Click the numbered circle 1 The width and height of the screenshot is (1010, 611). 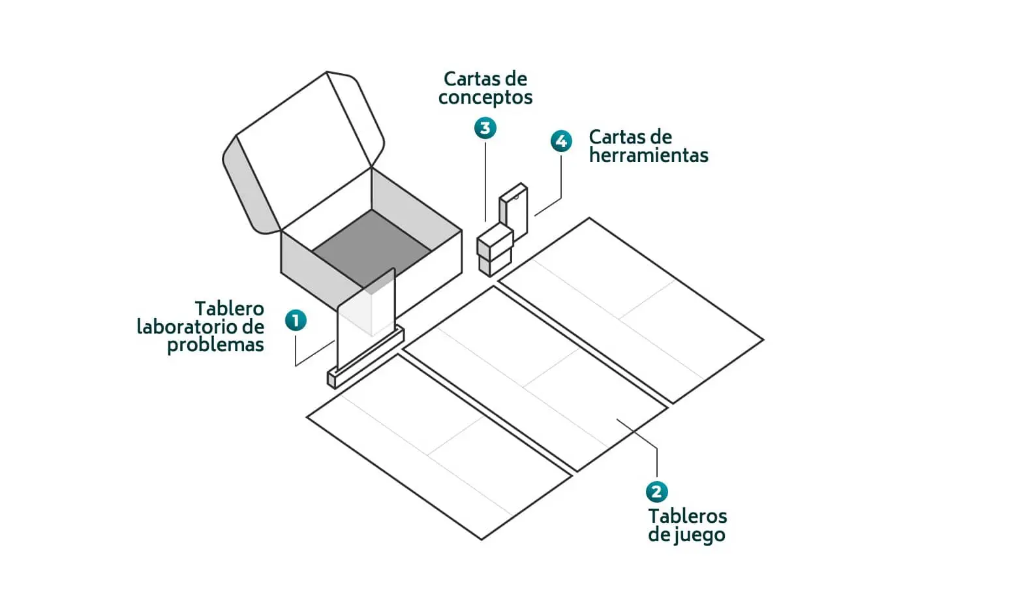click(x=296, y=321)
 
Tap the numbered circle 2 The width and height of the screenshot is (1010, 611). click(x=656, y=492)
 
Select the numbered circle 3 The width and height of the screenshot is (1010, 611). click(x=485, y=128)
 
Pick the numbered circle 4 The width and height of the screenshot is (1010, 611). click(x=561, y=141)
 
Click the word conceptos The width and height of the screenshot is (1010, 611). click(x=485, y=98)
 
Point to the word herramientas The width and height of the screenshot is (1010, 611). click(x=649, y=155)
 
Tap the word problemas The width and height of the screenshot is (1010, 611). click(x=215, y=345)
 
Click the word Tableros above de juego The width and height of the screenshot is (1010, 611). click(x=688, y=516)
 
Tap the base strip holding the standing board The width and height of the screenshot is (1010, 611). click(x=365, y=358)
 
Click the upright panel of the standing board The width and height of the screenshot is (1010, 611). click(x=366, y=319)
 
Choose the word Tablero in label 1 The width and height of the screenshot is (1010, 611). click(x=230, y=309)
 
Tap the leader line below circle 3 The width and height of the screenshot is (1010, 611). click(x=485, y=182)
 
